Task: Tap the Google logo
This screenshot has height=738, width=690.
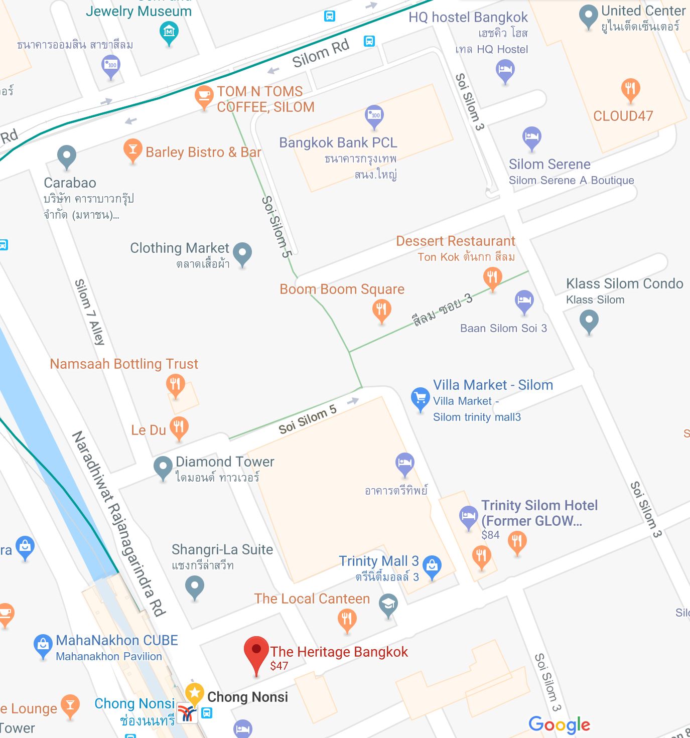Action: [x=559, y=724]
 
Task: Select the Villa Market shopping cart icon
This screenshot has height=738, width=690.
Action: [x=420, y=398]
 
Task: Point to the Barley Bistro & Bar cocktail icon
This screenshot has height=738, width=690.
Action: [x=132, y=149]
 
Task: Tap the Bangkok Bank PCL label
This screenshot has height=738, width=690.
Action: [x=338, y=143]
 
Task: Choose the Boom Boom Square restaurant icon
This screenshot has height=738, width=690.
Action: [x=381, y=309]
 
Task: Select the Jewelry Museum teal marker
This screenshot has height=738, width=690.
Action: [x=169, y=32]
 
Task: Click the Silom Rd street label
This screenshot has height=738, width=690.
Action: [x=321, y=53]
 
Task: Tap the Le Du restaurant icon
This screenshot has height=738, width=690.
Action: [x=179, y=427]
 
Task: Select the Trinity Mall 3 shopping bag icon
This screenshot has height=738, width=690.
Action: [x=432, y=566]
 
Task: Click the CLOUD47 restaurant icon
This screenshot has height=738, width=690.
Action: [x=630, y=89]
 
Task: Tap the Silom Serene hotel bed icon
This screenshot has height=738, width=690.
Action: [x=531, y=136]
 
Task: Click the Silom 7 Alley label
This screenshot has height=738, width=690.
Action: [x=90, y=312]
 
